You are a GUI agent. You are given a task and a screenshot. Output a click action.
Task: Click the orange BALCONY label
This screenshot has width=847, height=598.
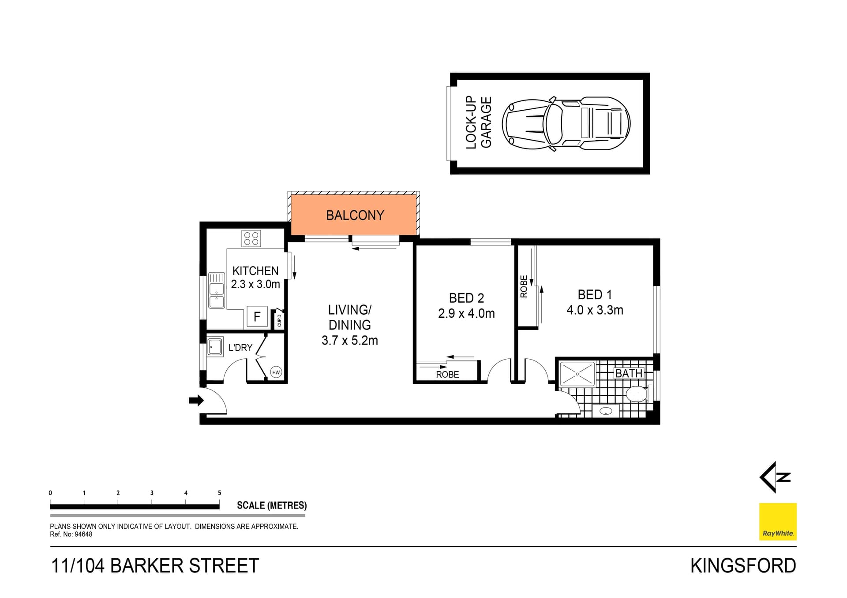(355, 215)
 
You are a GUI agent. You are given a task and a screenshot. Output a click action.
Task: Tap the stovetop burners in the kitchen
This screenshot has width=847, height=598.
(251, 238)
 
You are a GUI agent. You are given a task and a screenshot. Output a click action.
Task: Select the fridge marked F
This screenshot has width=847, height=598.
(257, 316)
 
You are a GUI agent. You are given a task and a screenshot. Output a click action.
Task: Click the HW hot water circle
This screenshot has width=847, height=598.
(276, 372)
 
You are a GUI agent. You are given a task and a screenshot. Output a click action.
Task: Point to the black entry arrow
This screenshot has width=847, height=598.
(196, 400)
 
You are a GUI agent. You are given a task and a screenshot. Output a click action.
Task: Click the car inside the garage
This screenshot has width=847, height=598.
(568, 123)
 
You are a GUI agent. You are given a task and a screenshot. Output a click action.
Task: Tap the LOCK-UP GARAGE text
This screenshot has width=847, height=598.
(479, 123)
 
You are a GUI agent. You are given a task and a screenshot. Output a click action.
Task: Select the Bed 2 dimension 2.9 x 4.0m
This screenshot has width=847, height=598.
(466, 313)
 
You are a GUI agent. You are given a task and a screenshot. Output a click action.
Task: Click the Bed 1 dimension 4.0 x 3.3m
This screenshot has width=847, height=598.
(595, 310)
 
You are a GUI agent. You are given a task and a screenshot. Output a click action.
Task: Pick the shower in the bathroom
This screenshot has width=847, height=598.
(577, 374)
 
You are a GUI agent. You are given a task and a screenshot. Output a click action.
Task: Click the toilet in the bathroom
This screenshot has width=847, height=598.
(637, 394)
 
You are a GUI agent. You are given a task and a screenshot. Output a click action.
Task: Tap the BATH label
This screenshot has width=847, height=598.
(629, 373)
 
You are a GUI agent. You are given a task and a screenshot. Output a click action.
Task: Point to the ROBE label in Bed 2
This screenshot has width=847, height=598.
(447, 374)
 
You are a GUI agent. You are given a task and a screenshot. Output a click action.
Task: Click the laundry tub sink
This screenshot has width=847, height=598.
(215, 347)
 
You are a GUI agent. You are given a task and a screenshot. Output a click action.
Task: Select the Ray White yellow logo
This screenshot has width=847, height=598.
(777, 521)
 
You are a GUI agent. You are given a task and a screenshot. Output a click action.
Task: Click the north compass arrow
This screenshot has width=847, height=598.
(774, 477)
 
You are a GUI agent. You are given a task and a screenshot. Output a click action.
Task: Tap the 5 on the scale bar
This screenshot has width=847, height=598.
(219, 493)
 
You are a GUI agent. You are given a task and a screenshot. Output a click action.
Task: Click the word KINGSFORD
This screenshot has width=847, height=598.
(743, 566)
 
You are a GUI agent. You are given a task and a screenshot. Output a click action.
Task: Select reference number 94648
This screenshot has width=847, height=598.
(83, 534)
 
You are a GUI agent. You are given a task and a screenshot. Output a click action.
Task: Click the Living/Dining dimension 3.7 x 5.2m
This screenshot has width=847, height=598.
(349, 340)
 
